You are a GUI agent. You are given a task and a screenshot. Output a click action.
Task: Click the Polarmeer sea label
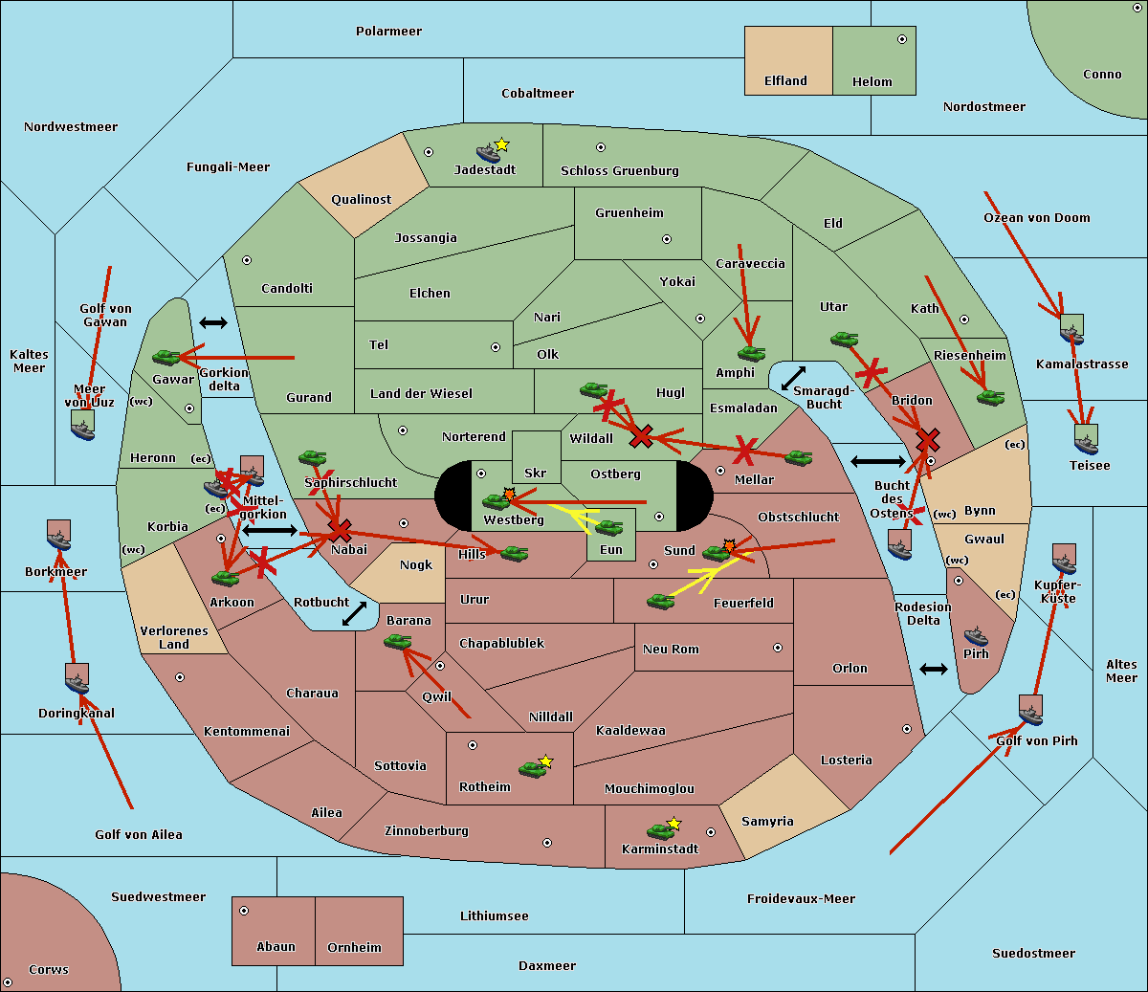[388, 32]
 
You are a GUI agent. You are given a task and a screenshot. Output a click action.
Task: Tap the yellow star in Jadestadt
[501, 144]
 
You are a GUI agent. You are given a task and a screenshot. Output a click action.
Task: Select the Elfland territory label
[785, 81]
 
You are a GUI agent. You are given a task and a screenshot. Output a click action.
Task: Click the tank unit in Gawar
[166, 357]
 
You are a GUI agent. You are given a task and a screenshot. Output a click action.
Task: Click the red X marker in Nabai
[339, 530]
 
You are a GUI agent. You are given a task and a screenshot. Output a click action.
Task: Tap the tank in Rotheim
[533, 768]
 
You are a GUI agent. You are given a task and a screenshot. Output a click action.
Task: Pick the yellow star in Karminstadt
[673, 823]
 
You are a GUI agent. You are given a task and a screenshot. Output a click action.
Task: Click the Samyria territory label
[767, 821]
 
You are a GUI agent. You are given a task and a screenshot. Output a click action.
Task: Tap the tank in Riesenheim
[990, 396]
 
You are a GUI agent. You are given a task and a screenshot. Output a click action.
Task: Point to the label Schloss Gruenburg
[619, 171]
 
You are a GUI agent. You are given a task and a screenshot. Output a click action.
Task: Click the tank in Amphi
[751, 354]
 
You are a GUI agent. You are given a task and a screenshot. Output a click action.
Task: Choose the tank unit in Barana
[397, 641]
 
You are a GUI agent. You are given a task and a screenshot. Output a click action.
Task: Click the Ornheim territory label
[354, 947]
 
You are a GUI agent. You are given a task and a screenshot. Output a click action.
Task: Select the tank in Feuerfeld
[660, 601]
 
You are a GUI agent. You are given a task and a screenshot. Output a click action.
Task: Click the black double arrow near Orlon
[933, 669]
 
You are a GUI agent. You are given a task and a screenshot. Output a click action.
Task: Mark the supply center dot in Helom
[901, 39]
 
